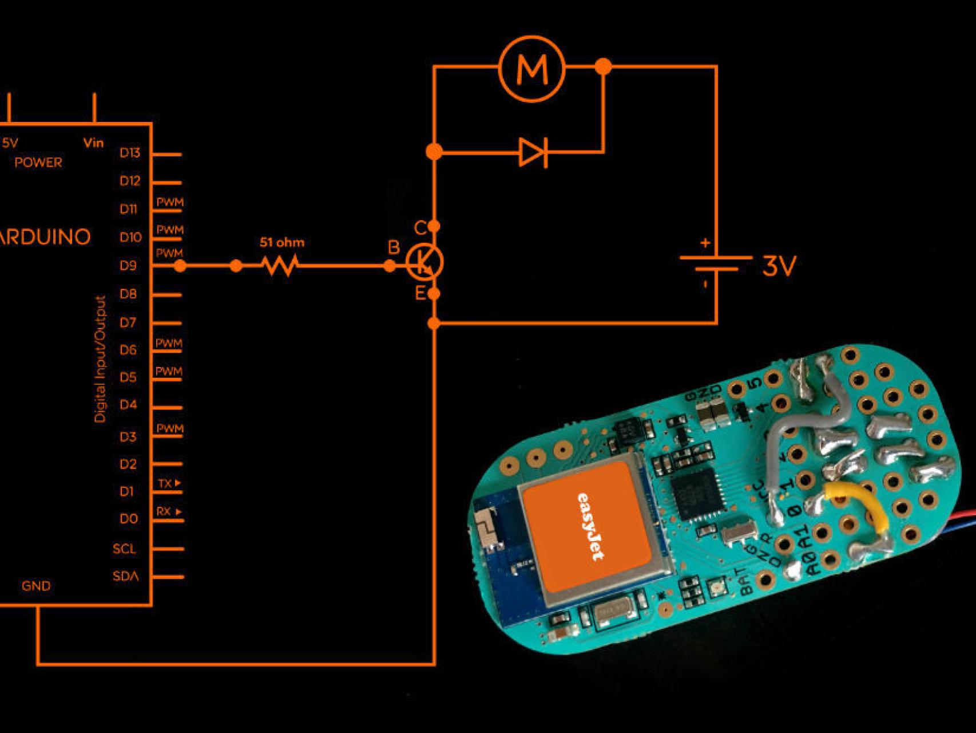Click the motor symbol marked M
tap(531, 68)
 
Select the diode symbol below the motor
tap(533, 152)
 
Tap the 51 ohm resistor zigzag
tap(280, 266)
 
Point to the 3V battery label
tap(779, 266)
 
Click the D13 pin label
tap(130, 153)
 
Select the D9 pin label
tap(128, 266)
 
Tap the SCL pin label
tap(124, 549)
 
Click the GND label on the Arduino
tap(36, 586)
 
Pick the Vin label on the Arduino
tap(94, 143)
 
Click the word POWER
tap(38, 163)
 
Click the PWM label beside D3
tap(170, 429)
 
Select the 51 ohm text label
tap(282, 242)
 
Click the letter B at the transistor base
tap(394, 247)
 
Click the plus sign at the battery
tap(705, 243)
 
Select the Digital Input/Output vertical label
tap(101, 359)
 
